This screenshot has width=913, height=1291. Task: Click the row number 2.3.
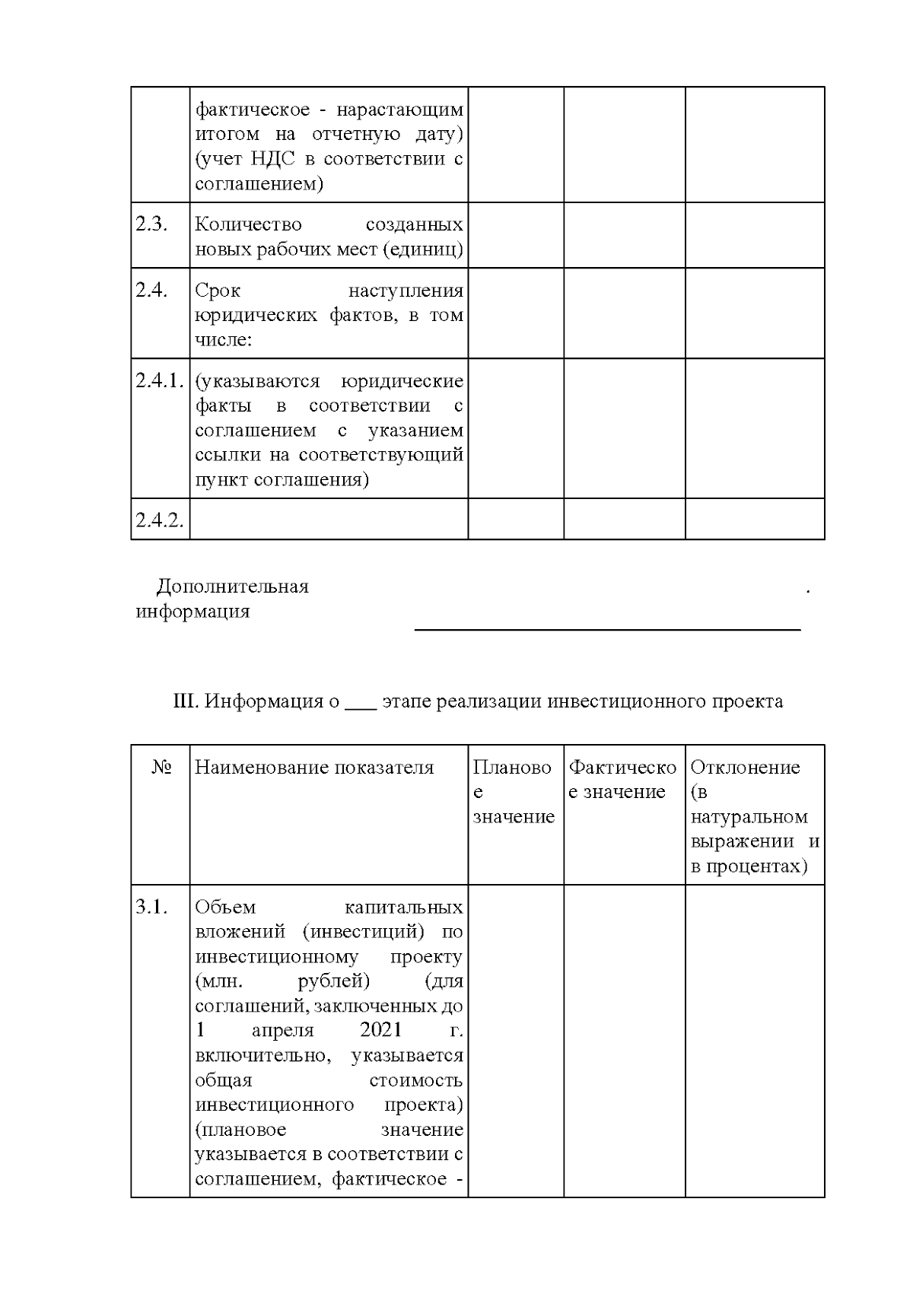pyautogui.click(x=151, y=225)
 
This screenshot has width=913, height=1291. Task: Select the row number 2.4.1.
pyautogui.click(x=160, y=381)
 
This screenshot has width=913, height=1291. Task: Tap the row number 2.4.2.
pyautogui.click(x=160, y=520)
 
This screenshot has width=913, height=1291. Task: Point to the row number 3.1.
pyautogui.click(x=151, y=908)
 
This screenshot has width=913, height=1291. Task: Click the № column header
pyautogui.click(x=161, y=768)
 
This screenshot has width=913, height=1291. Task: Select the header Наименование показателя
pyautogui.click(x=314, y=768)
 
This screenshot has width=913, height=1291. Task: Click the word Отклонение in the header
pyautogui.click(x=745, y=768)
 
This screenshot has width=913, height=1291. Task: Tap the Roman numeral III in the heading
pyautogui.click(x=186, y=701)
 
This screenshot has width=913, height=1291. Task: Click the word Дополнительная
pyautogui.click(x=233, y=587)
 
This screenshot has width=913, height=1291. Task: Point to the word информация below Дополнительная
pyautogui.click(x=192, y=612)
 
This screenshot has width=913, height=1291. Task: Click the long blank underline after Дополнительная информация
pyautogui.click(x=607, y=628)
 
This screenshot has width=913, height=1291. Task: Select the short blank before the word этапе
pyautogui.click(x=360, y=703)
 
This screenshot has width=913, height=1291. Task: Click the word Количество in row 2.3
pyautogui.click(x=248, y=225)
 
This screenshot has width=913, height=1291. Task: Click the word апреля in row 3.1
pyautogui.click(x=282, y=1031)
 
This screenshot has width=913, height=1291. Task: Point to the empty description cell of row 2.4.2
pyautogui.click(x=329, y=520)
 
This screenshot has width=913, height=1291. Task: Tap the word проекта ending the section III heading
pyautogui.click(x=747, y=701)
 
